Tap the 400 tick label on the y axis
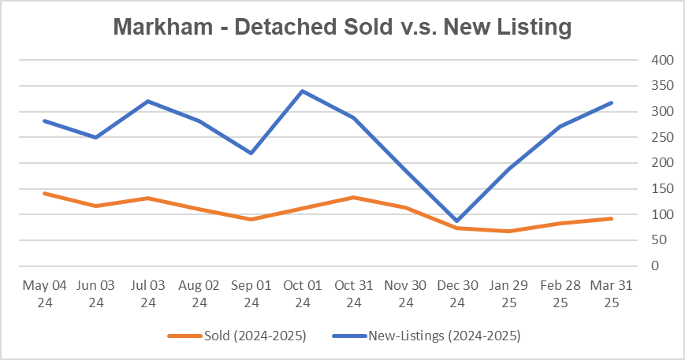[x=661, y=60]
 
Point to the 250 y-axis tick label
[x=661, y=137]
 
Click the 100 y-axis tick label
[x=661, y=214]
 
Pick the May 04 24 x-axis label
[x=44, y=293]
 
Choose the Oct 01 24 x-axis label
[x=303, y=293]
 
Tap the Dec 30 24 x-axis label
[x=457, y=293]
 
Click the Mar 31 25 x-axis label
[x=612, y=293]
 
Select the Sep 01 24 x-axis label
[x=251, y=293]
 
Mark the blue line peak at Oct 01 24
[x=303, y=91]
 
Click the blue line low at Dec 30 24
[x=457, y=221]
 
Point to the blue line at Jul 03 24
[x=147, y=101]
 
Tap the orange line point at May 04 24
[x=44, y=193]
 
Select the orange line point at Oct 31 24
[x=354, y=197]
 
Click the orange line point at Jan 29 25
[x=508, y=231]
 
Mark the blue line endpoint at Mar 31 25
[x=612, y=102]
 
